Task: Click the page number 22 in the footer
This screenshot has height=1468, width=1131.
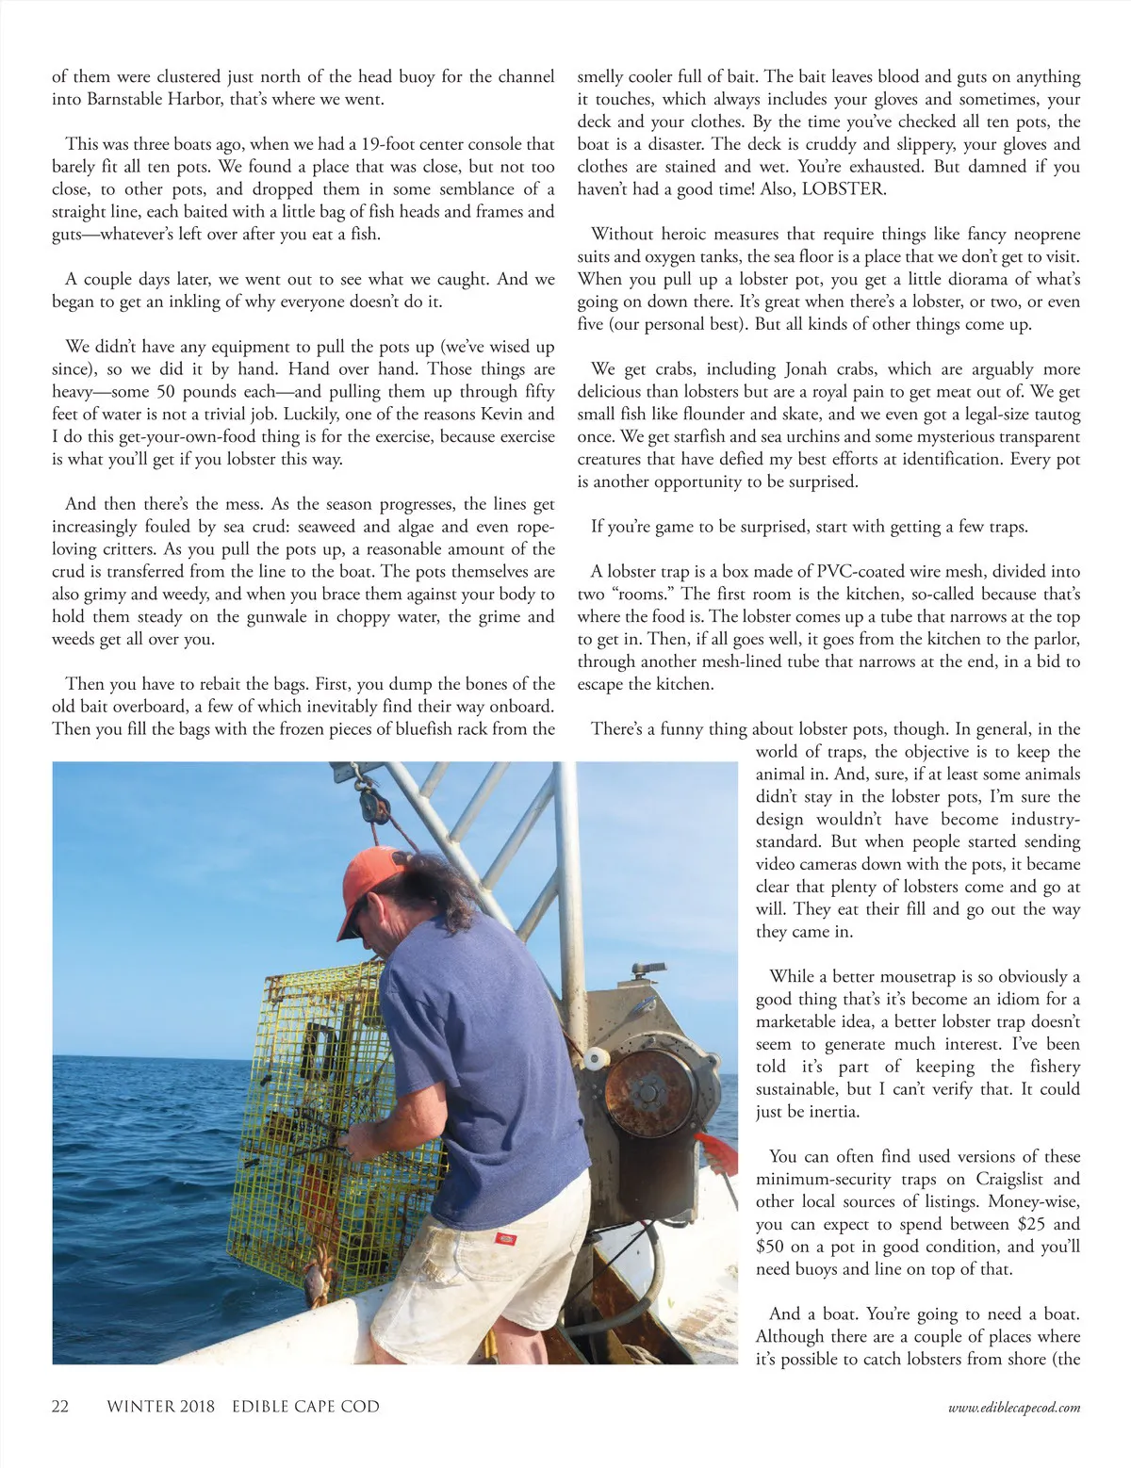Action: tap(60, 1407)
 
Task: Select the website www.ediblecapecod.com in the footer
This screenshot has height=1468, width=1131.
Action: tap(1014, 1408)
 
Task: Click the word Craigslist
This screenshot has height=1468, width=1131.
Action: tap(1009, 1180)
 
